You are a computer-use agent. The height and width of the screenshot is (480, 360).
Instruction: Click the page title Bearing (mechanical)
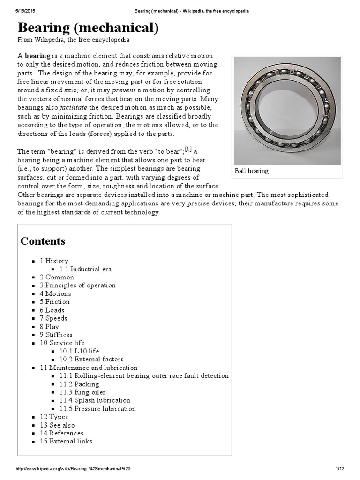(88, 29)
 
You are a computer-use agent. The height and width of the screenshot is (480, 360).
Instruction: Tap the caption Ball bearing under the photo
(252, 171)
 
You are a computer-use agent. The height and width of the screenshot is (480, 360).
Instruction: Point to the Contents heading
(43, 241)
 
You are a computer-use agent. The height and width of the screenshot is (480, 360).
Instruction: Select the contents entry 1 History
(54, 261)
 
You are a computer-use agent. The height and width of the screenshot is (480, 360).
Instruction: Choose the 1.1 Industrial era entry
(85, 269)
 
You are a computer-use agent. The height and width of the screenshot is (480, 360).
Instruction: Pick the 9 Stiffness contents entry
(56, 335)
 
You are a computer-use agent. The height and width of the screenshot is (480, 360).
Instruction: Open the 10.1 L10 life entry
(79, 351)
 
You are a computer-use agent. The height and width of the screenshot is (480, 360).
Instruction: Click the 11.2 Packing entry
(79, 384)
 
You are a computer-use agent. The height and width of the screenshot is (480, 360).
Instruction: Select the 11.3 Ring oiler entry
(82, 392)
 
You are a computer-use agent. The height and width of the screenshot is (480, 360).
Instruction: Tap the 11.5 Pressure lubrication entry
(97, 409)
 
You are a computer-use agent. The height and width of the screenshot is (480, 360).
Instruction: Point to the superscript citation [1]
(188, 150)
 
